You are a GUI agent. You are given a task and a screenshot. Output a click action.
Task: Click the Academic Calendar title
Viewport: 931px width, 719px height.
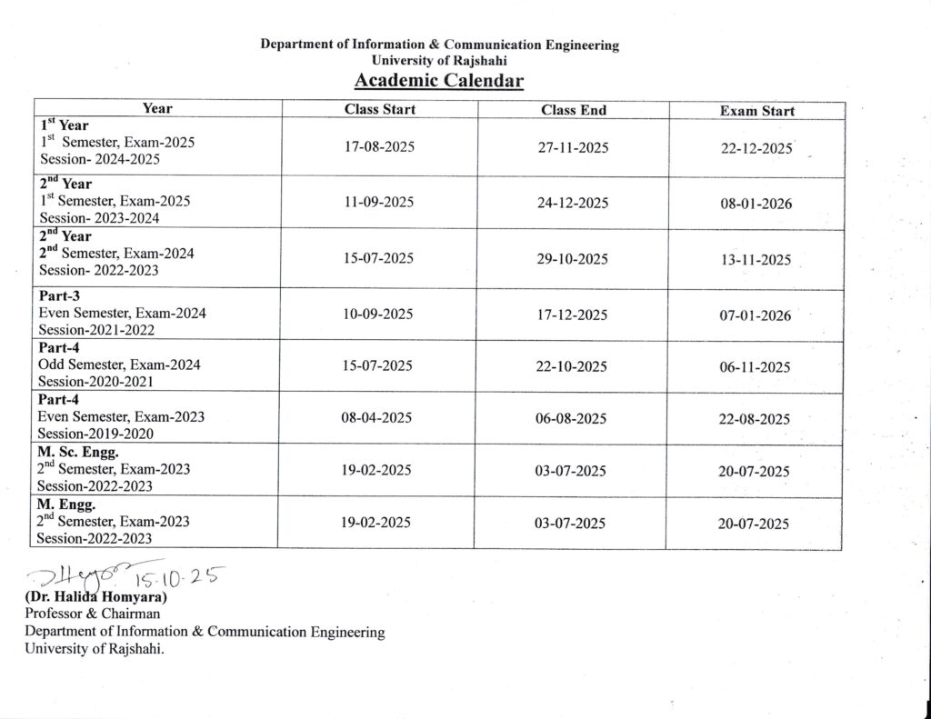tap(439, 82)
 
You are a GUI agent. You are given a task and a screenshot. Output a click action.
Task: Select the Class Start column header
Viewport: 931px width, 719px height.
tap(379, 110)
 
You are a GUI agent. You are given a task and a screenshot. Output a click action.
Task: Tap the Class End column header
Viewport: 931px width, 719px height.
tap(573, 111)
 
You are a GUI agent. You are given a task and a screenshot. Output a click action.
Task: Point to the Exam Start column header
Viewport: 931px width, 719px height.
tap(756, 112)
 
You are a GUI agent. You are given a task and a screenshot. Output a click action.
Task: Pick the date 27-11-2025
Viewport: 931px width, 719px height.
tap(573, 148)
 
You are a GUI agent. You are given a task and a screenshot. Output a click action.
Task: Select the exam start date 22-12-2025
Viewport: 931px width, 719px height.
tap(756, 149)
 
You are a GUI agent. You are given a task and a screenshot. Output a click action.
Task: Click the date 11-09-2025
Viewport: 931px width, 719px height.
tap(379, 202)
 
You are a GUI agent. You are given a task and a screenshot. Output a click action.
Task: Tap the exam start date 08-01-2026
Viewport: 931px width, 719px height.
tap(756, 204)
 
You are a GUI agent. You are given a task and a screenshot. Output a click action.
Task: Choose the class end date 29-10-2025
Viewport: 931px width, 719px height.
tap(573, 259)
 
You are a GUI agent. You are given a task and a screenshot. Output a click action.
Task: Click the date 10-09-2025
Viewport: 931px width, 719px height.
tap(378, 314)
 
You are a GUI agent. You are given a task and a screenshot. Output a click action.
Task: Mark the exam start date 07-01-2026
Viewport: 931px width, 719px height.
tap(756, 316)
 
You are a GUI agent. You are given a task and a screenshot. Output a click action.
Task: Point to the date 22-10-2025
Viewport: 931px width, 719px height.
tap(572, 366)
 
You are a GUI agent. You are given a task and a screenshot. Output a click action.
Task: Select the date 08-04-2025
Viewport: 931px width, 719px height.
tap(377, 418)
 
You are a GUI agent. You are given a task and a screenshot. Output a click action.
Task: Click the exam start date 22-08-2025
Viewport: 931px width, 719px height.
tap(755, 420)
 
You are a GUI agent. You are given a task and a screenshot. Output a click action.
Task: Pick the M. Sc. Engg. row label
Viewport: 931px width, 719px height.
tap(79, 452)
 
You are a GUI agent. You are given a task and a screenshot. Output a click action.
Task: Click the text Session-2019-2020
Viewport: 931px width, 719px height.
tap(95, 434)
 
